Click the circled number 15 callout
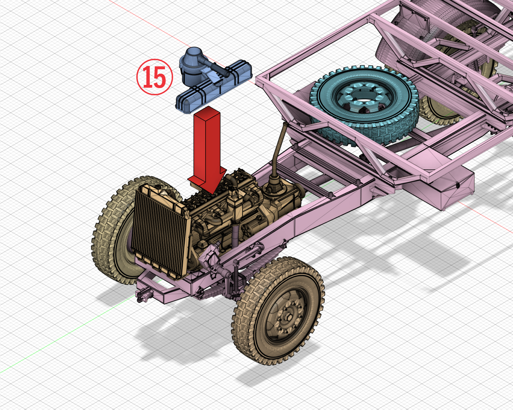[154, 77]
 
